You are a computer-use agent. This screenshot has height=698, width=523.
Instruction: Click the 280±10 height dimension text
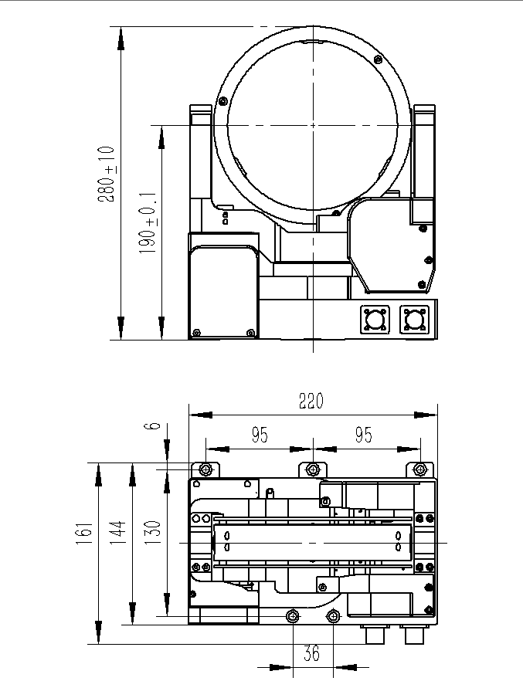[x=107, y=174]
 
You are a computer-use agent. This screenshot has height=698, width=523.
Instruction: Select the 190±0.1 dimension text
[x=148, y=223]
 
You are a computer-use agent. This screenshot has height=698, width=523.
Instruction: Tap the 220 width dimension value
[x=311, y=401]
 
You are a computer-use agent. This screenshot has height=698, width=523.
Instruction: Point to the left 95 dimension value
[x=260, y=435]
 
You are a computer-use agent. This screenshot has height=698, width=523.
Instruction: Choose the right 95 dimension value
[x=364, y=435]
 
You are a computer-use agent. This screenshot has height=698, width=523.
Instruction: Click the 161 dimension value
[x=85, y=534]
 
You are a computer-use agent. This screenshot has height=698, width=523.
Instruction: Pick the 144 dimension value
[x=118, y=534]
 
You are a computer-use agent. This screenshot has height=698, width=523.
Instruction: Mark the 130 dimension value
[x=152, y=533]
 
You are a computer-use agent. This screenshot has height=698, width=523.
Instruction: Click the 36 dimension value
[x=312, y=653]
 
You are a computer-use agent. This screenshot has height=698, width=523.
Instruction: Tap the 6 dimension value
[x=152, y=425]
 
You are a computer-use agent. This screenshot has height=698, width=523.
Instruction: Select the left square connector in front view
[x=375, y=319]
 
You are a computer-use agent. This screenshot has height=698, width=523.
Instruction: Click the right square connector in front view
[x=414, y=319]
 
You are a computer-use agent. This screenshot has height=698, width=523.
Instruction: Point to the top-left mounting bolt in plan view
[x=205, y=469]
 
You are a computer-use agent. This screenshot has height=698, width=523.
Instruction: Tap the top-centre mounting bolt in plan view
[x=313, y=469]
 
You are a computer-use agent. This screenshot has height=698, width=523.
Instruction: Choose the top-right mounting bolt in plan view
[x=419, y=469]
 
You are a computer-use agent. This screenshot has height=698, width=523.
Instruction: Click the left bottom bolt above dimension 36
[x=293, y=616]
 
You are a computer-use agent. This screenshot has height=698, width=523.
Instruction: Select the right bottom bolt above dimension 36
[x=333, y=616]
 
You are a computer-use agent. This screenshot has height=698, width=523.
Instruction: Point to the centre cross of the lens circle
[x=313, y=125]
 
